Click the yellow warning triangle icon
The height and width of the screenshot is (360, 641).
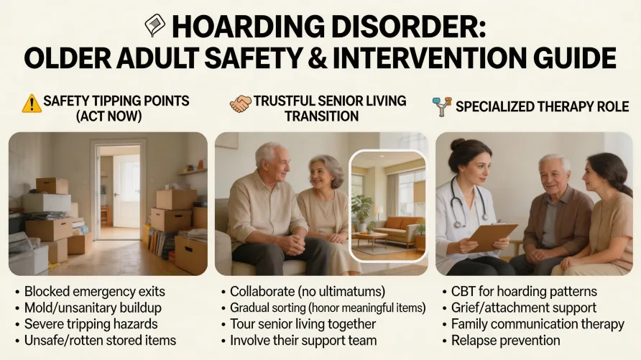(32, 103)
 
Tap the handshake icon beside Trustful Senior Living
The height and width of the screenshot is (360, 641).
(241, 103)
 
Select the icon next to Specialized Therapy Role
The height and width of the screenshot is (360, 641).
(443, 106)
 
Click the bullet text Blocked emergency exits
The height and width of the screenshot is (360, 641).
(94, 292)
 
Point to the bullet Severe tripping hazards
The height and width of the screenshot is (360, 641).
(91, 324)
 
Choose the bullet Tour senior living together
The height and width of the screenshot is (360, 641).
(303, 324)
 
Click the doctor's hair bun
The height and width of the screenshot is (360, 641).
(455, 144)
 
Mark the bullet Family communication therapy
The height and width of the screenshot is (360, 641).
(538, 324)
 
